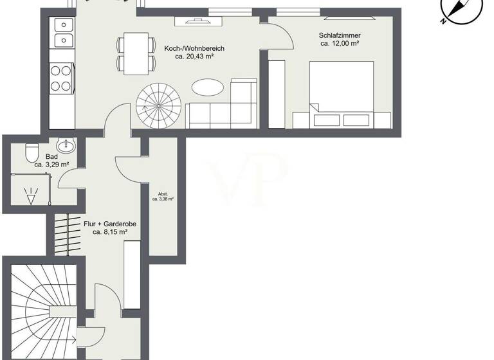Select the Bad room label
tap(52, 156)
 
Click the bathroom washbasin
tap(67, 144)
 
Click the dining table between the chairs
tap(136, 53)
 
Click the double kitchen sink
tap(64, 33)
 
